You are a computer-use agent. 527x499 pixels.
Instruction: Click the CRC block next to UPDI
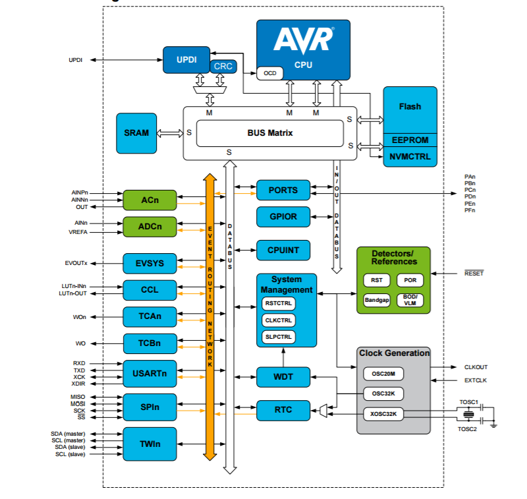[223, 66]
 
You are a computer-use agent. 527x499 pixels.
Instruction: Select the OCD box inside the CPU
[270, 73]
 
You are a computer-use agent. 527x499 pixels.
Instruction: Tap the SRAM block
[136, 133]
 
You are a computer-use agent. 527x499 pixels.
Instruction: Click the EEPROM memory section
[410, 140]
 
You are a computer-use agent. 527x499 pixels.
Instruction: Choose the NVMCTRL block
[410, 157]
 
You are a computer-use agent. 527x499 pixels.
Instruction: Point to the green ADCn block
[150, 227]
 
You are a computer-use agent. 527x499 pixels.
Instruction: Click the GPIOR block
[283, 217]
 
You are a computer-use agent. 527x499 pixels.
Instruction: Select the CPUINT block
[283, 250]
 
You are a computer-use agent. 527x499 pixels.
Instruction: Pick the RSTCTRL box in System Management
[278, 303]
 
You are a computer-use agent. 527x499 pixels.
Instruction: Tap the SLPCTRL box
[278, 337]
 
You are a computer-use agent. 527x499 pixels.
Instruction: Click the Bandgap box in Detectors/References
[377, 300]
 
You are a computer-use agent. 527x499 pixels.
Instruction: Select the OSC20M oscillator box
[383, 374]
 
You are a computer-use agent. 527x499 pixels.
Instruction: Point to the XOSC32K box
[383, 414]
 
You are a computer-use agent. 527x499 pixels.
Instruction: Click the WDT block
[283, 377]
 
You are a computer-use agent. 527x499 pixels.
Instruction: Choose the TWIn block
[150, 444]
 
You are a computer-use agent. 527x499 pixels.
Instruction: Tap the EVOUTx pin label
[76, 263]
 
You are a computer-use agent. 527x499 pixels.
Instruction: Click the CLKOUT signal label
[476, 367]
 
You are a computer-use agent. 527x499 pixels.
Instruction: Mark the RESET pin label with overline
[474, 273]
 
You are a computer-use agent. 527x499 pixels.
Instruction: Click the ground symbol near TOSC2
[493, 425]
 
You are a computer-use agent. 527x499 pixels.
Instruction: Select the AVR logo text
[304, 40]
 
